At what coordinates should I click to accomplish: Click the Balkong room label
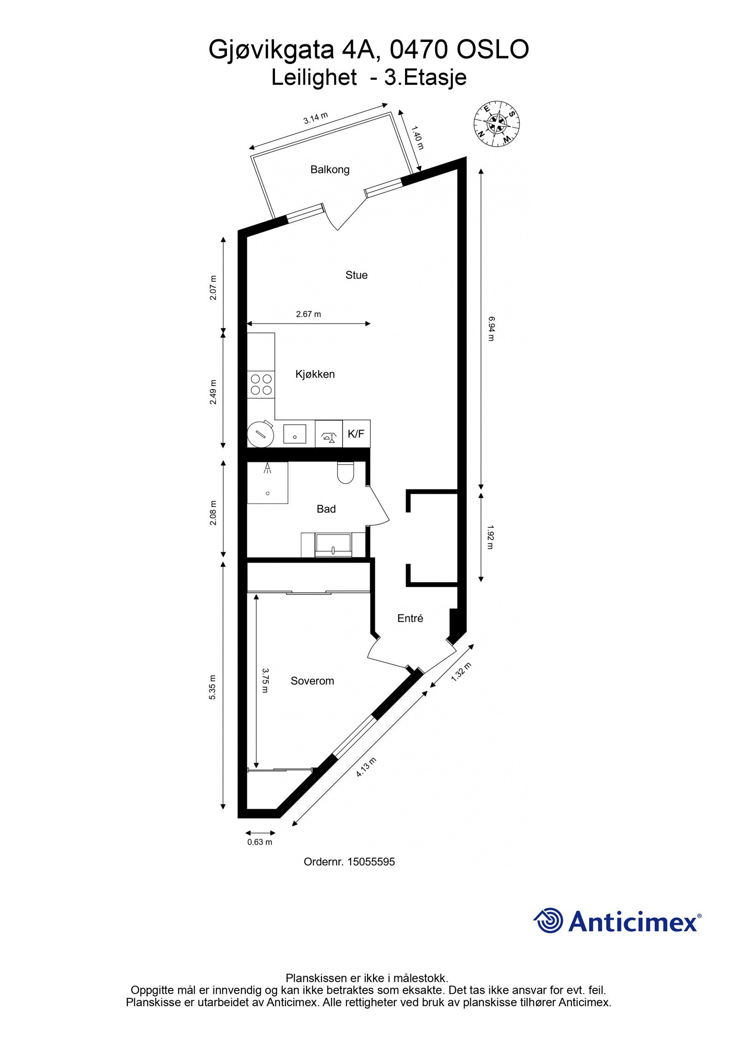[x=330, y=169]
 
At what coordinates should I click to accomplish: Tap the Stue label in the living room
[x=357, y=275]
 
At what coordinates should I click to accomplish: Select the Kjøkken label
[x=315, y=374]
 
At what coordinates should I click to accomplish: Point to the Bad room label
[x=326, y=509]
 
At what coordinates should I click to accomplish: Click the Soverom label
[x=312, y=680]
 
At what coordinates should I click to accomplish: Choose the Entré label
[x=410, y=618]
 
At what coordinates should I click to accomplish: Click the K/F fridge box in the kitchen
[x=356, y=434]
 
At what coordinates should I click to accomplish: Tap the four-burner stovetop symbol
[x=261, y=385]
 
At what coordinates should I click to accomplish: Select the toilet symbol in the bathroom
[x=345, y=472]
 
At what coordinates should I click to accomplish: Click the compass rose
[x=497, y=124]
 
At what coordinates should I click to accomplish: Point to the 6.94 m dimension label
[x=491, y=328]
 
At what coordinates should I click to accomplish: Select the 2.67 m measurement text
[x=309, y=315]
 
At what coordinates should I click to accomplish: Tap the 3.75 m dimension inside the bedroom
[x=265, y=680]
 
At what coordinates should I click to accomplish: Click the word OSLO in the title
[x=492, y=50]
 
